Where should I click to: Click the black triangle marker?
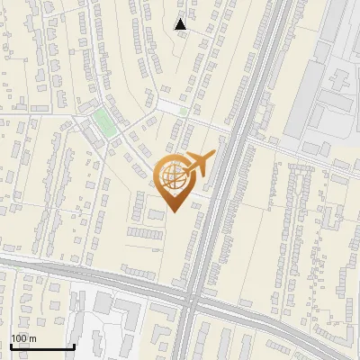181,24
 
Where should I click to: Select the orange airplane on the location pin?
199,166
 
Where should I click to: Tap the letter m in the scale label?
32,338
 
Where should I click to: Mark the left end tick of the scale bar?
11,345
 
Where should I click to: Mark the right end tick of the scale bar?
74,345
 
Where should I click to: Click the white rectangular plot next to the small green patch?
168,106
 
